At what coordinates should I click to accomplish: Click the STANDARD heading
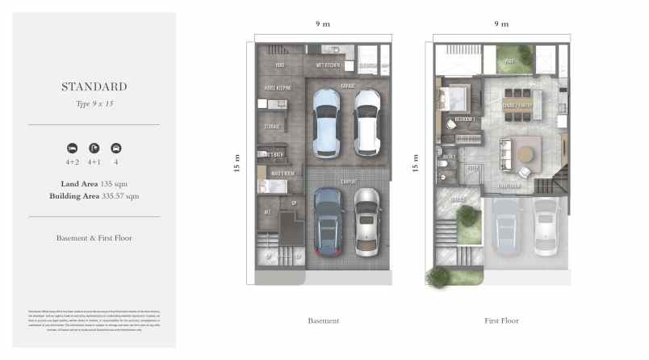(94, 86)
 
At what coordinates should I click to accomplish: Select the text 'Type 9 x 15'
(94, 104)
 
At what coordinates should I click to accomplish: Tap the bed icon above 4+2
(72, 148)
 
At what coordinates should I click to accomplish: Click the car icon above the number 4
(116, 148)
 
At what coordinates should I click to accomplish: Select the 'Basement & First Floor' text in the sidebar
(94, 238)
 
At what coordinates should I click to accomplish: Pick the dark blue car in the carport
(327, 221)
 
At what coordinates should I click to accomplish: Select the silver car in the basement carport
(367, 221)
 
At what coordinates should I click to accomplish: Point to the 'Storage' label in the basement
(271, 126)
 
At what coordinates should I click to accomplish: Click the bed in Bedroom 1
(450, 98)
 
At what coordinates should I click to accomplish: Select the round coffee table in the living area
(528, 153)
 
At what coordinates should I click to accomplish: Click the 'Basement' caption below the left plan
(323, 320)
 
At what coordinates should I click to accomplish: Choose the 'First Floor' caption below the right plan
(501, 320)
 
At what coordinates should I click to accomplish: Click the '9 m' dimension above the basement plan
(323, 24)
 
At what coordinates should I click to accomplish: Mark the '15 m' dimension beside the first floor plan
(416, 165)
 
